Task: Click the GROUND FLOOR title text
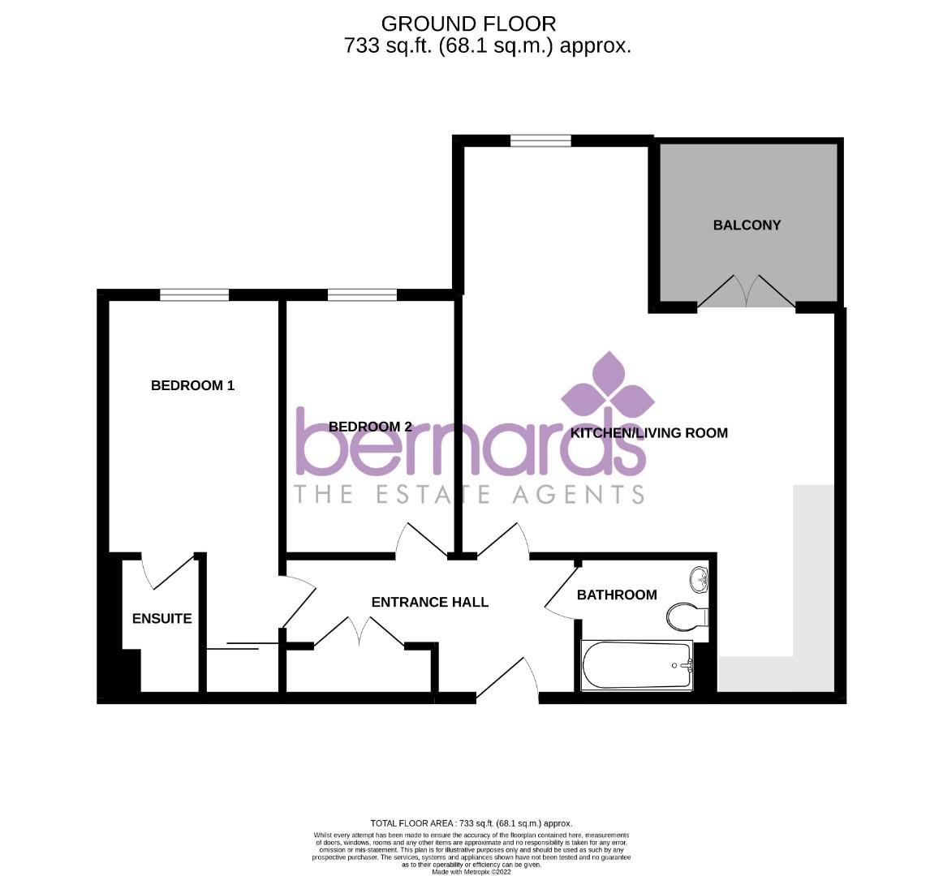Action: coord(468,24)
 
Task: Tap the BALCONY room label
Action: coord(747,225)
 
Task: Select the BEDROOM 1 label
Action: coord(192,385)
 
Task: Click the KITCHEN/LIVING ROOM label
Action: coord(648,432)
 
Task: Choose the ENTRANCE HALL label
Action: coord(429,602)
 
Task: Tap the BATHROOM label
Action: coord(616,595)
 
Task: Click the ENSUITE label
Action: coord(161,618)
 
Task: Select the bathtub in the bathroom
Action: coord(637,665)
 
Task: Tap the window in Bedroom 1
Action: coord(194,295)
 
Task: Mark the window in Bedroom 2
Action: coord(362,295)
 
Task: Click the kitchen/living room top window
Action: coord(540,140)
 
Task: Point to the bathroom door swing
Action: coord(561,589)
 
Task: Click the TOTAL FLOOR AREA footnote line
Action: coord(471,822)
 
